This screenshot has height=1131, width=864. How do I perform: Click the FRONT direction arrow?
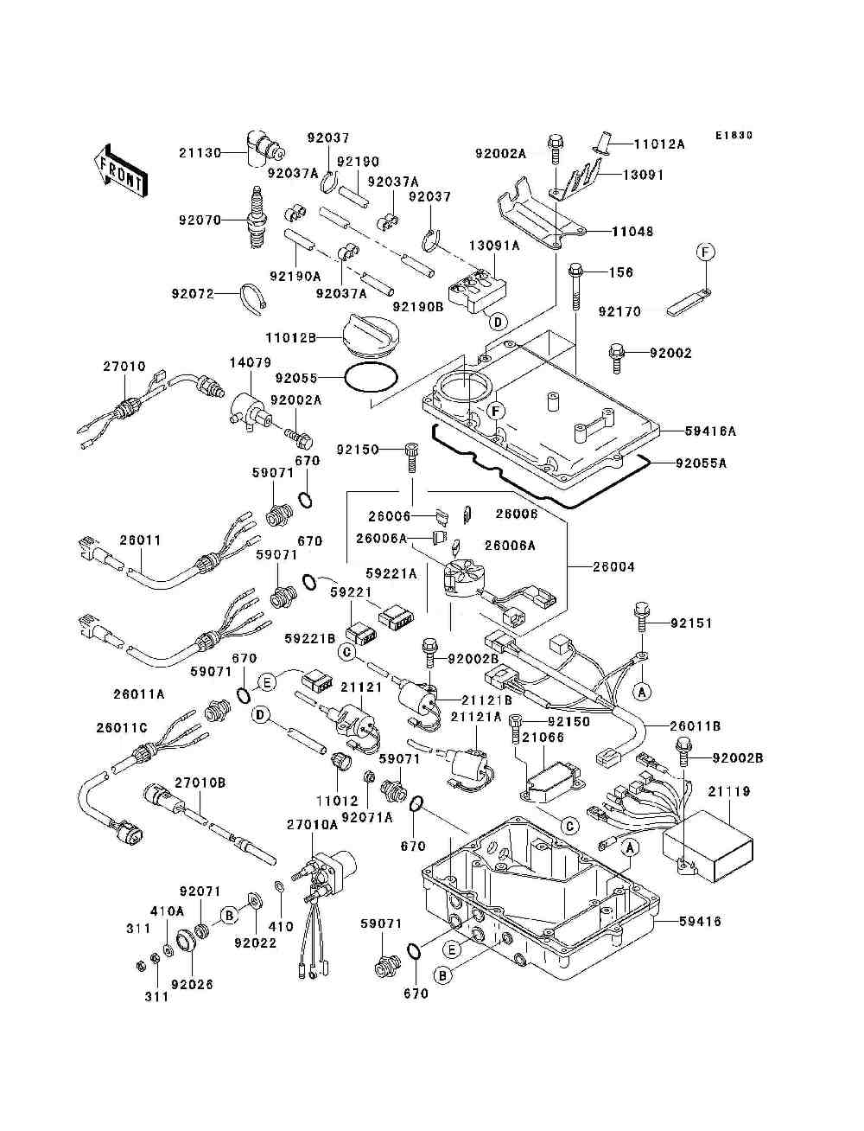coord(120,169)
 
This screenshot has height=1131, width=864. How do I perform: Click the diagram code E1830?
coord(734,136)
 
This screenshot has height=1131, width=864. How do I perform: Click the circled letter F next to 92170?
coord(706,253)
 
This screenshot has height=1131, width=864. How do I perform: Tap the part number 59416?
coord(699,922)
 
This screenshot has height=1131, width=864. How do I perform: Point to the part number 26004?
coord(613,567)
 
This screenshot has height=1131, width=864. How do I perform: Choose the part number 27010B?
coord(200,783)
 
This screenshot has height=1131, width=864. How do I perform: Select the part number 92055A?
coord(700,463)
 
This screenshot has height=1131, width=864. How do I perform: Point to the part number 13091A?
coord(494,246)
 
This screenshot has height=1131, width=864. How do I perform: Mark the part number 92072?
coord(192,294)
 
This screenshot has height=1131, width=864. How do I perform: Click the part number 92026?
coord(192,984)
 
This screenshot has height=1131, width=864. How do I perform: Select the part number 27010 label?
coord(124,367)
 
